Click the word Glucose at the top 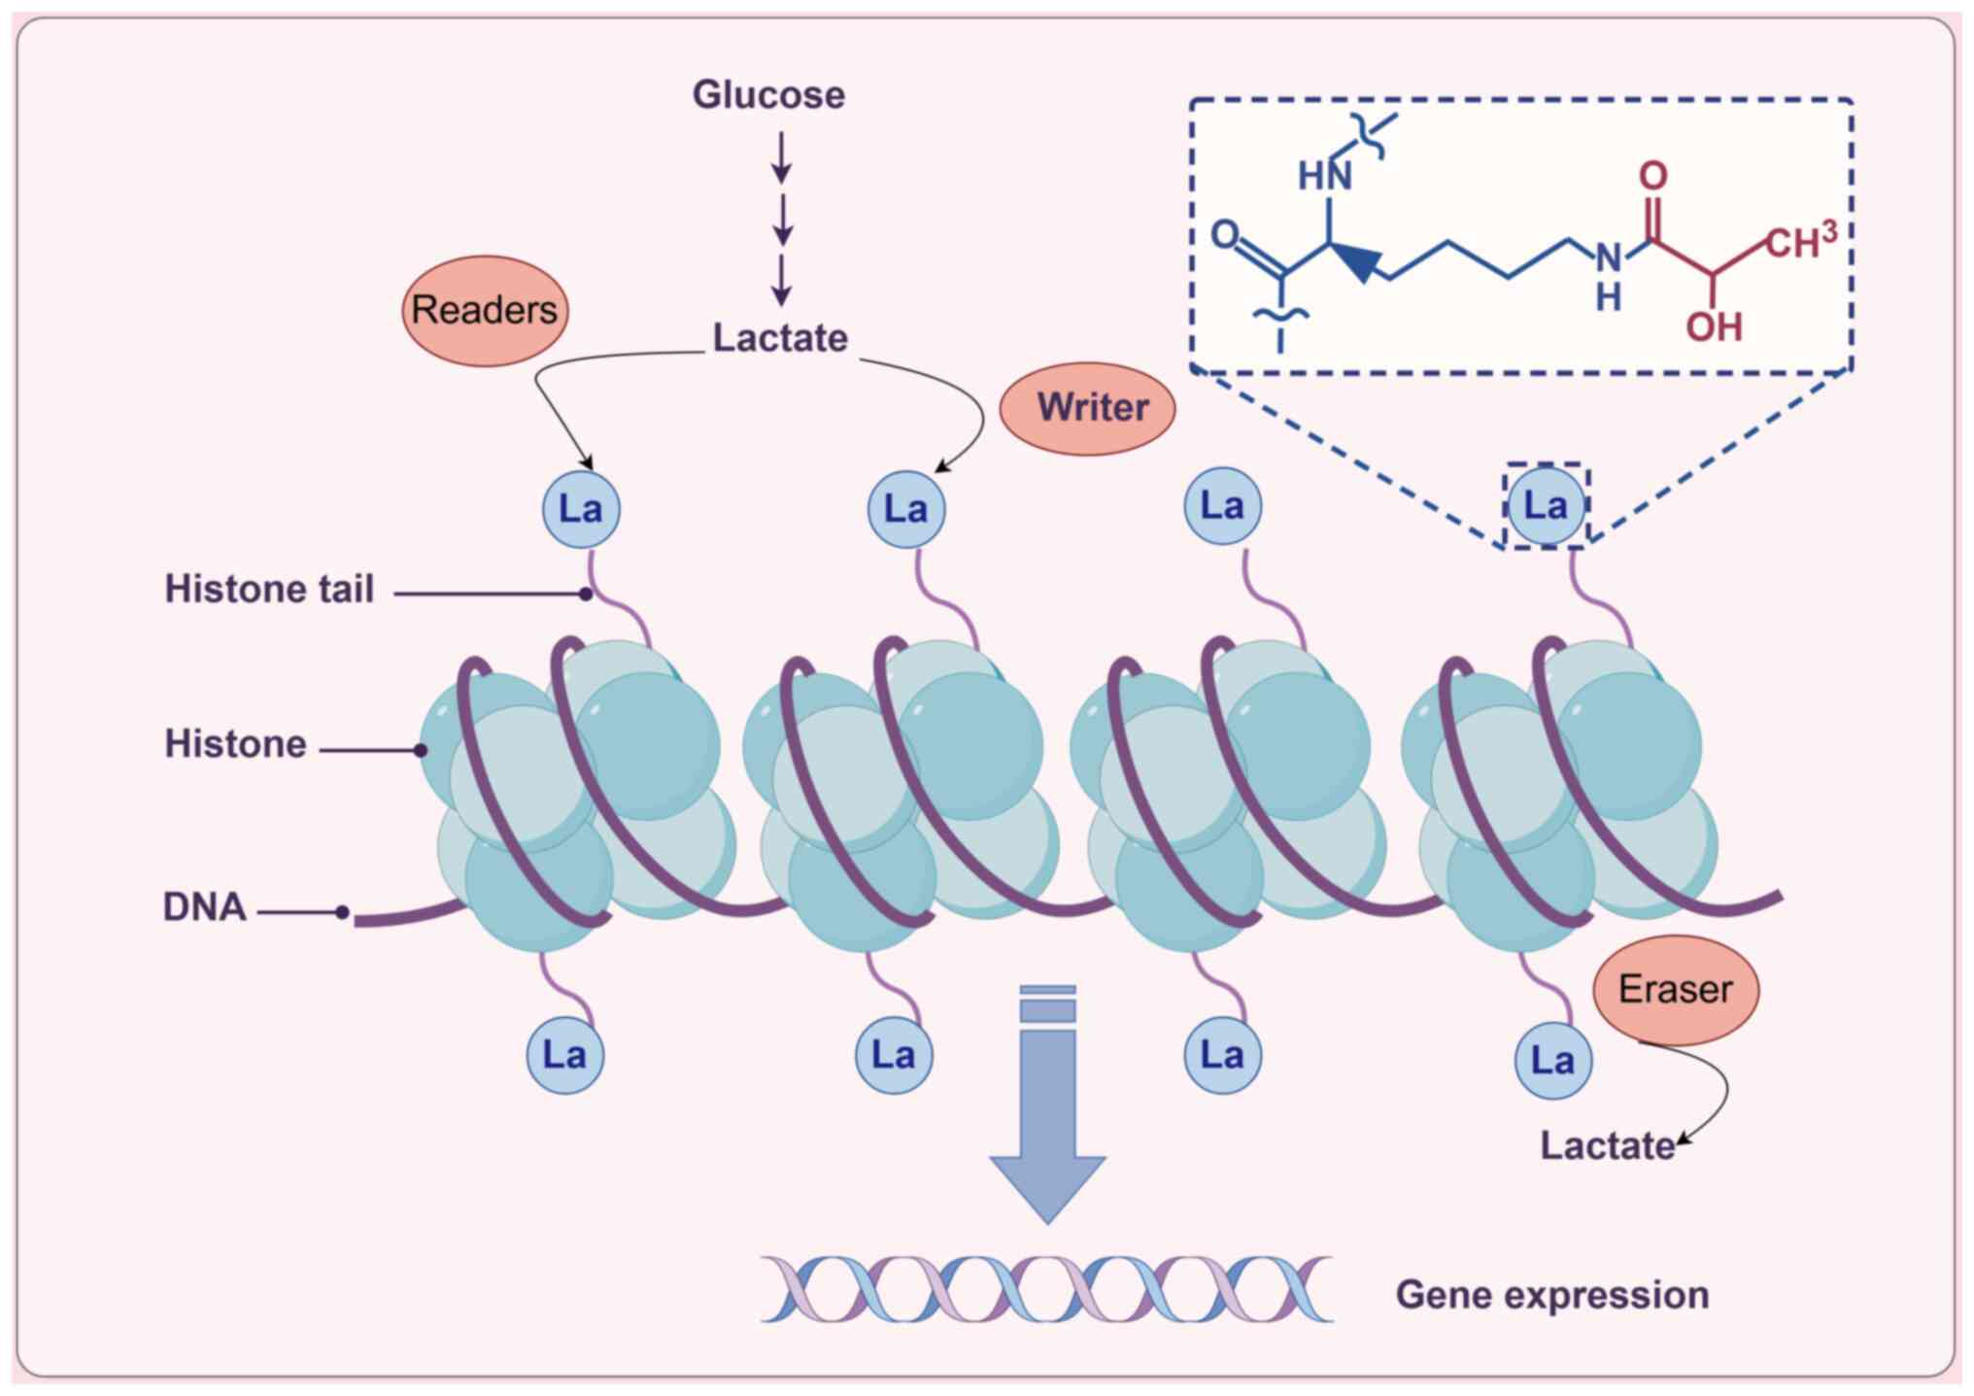(x=768, y=95)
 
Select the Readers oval (x=485, y=311)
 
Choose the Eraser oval (x=1676, y=990)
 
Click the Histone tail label (x=269, y=590)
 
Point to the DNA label (x=204, y=907)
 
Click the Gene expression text (x=1551, y=1295)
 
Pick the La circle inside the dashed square (x=1546, y=506)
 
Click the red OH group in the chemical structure (x=1714, y=327)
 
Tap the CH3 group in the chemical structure (x=1800, y=241)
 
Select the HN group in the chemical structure (x=1324, y=177)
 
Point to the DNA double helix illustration (x=1046, y=1289)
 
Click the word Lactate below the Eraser (x=1608, y=1146)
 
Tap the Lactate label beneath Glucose (x=780, y=338)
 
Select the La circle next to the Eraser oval (x=1552, y=1061)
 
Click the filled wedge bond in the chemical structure (x=1358, y=259)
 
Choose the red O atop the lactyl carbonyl (x=1652, y=176)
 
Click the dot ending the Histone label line (x=421, y=750)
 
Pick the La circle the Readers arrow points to (x=581, y=509)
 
